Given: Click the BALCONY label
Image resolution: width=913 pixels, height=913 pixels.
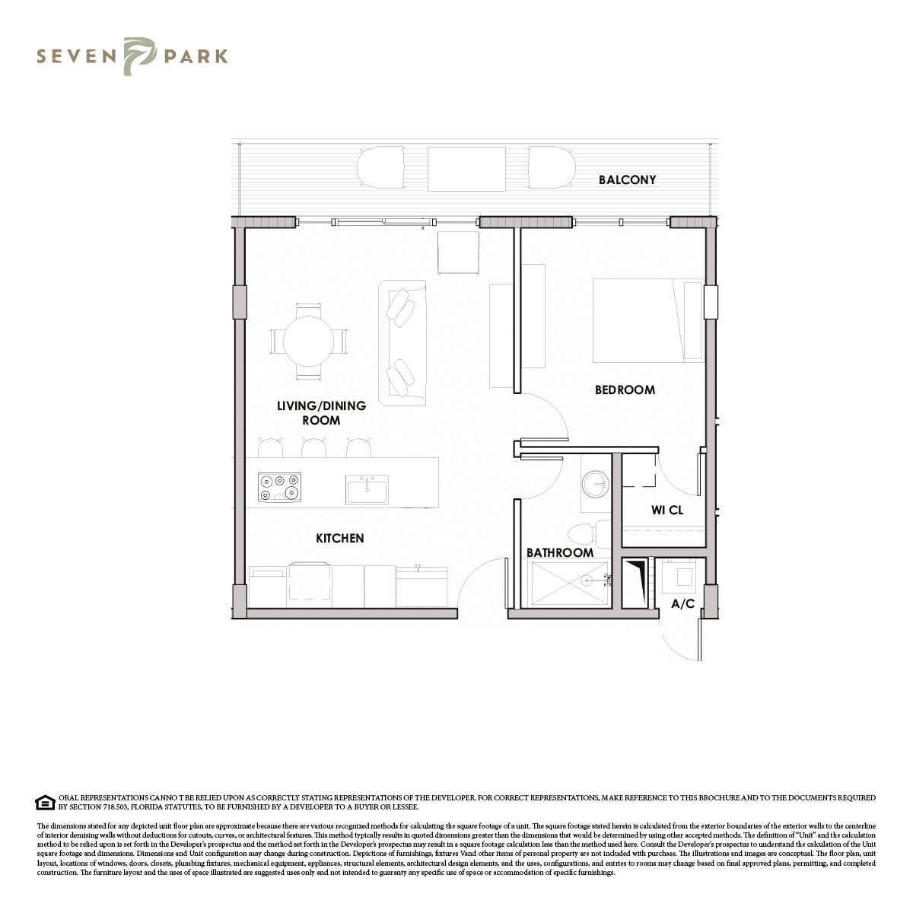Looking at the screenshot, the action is coord(627,180).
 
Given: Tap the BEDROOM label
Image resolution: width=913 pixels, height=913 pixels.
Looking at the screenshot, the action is coord(625,390).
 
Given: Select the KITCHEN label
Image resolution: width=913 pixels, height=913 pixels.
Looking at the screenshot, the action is coord(339,538).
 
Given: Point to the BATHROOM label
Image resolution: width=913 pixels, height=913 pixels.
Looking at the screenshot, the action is coord(559,553).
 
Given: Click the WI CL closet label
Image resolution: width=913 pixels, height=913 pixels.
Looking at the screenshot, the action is coord(667,511).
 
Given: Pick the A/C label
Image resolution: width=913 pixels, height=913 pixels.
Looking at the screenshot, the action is coord(682,603).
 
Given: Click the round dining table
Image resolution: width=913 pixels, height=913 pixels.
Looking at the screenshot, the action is coord(308,341).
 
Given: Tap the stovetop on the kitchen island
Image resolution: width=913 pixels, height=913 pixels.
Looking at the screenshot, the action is coord(279,487).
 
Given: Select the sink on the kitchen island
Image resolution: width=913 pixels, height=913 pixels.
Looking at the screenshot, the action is coord(367,490).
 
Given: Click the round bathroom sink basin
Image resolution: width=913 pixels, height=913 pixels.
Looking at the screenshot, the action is coord(595,484).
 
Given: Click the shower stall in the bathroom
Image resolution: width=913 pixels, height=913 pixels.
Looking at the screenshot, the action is coord(570,584).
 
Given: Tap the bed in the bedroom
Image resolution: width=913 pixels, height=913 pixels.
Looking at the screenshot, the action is coord(647,321).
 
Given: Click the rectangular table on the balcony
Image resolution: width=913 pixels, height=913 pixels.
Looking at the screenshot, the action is coord(466,169).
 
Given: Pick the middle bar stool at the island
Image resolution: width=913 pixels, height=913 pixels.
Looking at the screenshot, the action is coord(313,447).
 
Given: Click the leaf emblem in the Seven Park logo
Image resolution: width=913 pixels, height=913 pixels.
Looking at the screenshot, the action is coord(140,56).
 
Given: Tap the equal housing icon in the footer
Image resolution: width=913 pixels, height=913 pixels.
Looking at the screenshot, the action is coord(45,803).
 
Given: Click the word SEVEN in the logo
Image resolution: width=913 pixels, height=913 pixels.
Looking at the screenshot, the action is coord(76,56).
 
